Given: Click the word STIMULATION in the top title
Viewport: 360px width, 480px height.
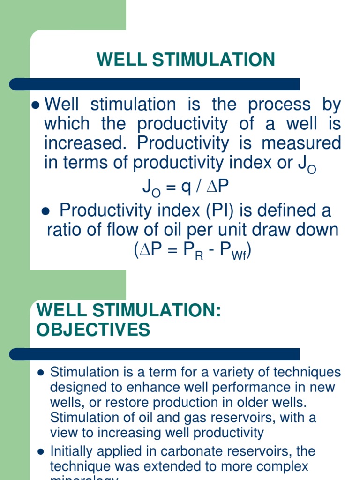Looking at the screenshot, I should click(x=218, y=60).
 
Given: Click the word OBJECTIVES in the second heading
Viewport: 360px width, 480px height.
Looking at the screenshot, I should click(x=93, y=330).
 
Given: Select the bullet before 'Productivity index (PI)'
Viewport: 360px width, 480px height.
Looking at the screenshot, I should click(x=46, y=211).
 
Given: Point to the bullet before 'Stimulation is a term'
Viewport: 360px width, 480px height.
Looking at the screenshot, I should click(x=40, y=373).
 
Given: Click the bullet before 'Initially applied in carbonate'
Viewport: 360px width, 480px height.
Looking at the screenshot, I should click(x=40, y=452).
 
